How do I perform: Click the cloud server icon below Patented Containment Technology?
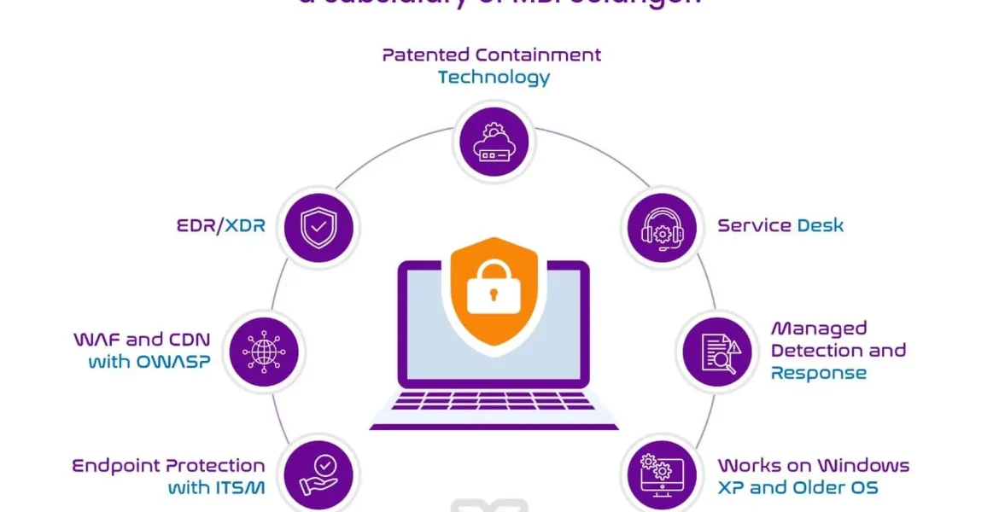(493, 142)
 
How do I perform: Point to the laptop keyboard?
(494, 400)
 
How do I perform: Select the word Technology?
(494, 78)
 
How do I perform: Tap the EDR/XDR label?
(218, 226)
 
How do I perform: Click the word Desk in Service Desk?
(820, 226)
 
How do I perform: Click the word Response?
(818, 374)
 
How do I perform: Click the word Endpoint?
(114, 466)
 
